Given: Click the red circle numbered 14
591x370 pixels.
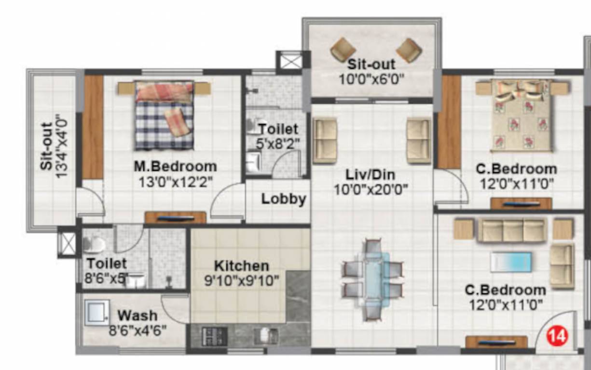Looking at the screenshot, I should point(557,335).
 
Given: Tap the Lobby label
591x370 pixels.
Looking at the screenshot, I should point(284,199).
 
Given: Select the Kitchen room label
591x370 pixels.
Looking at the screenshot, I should point(241,265).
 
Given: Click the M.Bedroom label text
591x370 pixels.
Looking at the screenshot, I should point(175,167).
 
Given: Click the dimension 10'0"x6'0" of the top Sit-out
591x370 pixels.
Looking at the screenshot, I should point(371,78).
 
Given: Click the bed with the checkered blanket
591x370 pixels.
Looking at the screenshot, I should point(165,115).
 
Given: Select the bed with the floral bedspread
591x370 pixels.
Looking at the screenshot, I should point(521,115).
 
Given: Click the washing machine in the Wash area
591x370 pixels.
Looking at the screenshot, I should point(96,313).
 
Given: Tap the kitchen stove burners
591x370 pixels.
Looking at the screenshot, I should point(215,336).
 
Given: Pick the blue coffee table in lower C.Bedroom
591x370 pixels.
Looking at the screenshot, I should point(511,262).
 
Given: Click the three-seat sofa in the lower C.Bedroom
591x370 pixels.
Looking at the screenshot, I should point(511,230).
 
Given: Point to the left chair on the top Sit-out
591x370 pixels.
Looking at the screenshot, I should point(343,50).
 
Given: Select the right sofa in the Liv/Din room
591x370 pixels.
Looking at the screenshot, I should point(418,141).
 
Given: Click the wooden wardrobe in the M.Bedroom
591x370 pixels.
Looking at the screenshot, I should point(93,127).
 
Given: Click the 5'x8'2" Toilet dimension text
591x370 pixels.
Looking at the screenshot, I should point(278,143).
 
